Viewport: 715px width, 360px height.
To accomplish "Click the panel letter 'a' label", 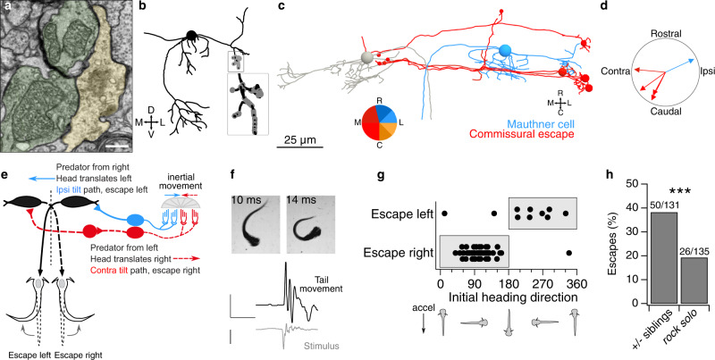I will (6, 6).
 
